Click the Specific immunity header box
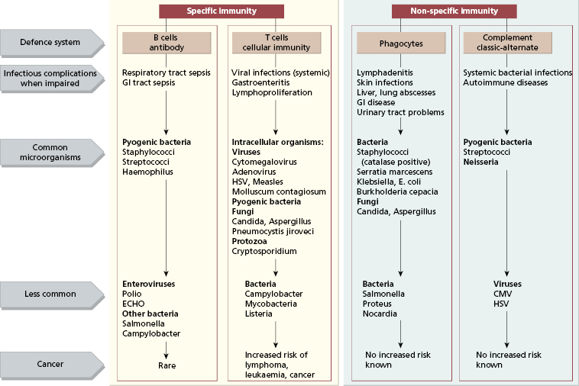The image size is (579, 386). (x=222, y=11)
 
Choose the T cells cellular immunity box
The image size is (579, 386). (x=275, y=43)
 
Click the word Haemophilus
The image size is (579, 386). (x=148, y=172)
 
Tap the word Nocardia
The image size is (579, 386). (x=380, y=313)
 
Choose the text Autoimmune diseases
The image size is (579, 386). (x=506, y=82)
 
